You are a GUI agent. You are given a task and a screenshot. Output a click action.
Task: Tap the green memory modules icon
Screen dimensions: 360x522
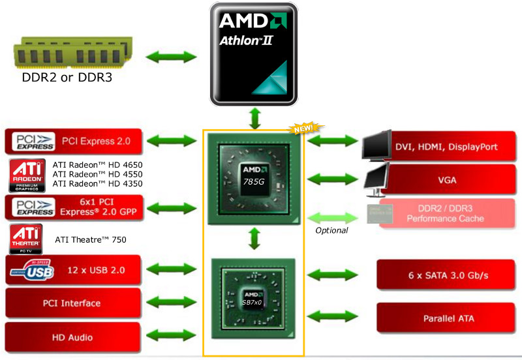[x=70, y=53]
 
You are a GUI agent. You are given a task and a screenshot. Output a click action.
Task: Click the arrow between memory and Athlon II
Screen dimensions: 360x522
[x=171, y=56]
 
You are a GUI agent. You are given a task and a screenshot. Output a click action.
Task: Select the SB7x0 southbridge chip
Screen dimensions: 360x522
[x=255, y=299]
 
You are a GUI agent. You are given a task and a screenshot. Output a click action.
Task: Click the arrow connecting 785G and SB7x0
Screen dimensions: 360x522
[x=255, y=239]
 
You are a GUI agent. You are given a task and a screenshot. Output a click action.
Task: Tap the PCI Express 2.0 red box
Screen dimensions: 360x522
[x=73, y=141]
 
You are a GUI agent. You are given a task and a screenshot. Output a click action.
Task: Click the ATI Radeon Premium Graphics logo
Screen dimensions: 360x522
[x=27, y=175]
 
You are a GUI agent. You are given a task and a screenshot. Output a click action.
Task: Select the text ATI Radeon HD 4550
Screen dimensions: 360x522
[x=97, y=175]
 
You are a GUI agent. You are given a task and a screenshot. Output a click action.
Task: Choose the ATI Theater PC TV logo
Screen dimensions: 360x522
[x=26, y=239]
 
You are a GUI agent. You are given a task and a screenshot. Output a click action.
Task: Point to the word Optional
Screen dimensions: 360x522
[x=331, y=230]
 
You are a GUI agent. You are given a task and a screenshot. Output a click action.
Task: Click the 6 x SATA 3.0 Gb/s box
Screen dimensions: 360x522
[x=448, y=275]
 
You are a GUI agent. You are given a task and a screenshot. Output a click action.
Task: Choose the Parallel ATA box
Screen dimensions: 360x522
[x=448, y=318]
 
